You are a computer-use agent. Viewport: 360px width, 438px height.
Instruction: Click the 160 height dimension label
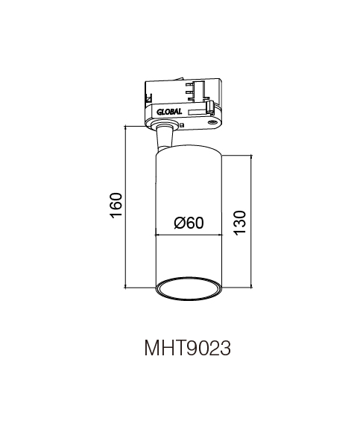[x=116, y=206]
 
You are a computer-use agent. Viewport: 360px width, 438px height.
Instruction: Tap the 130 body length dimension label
[x=240, y=223]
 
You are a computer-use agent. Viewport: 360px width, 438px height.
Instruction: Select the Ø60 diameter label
[x=189, y=223]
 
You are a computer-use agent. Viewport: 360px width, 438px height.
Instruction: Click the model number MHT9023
[x=188, y=348]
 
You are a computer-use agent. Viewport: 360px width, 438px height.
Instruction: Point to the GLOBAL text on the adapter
[x=169, y=112]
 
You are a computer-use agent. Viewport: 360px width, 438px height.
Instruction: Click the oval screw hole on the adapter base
[x=212, y=122]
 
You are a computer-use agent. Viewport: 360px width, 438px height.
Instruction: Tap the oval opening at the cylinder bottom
[x=189, y=289]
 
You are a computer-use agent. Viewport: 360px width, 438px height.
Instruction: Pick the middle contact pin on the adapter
[x=189, y=91]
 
